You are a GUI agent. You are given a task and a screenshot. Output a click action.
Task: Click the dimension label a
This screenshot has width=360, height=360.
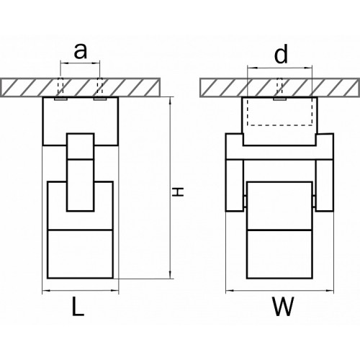(x=80, y=51)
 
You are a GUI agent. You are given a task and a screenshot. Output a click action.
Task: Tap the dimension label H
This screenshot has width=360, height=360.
(x=179, y=192)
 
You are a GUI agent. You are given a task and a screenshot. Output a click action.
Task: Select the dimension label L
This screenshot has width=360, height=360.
(x=78, y=306)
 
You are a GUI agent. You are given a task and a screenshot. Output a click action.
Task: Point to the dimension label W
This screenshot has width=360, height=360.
(x=283, y=306)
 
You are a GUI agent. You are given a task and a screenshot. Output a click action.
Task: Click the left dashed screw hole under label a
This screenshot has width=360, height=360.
(x=60, y=86)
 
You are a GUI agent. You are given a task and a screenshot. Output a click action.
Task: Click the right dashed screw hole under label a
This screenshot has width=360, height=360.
(x=99, y=86)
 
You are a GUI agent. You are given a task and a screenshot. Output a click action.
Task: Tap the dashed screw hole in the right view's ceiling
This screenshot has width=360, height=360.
(x=279, y=86)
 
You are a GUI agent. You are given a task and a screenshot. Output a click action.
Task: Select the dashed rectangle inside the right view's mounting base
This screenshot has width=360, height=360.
(x=279, y=111)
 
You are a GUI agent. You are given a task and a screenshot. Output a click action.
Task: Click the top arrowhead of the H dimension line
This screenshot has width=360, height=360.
(x=170, y=100)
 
